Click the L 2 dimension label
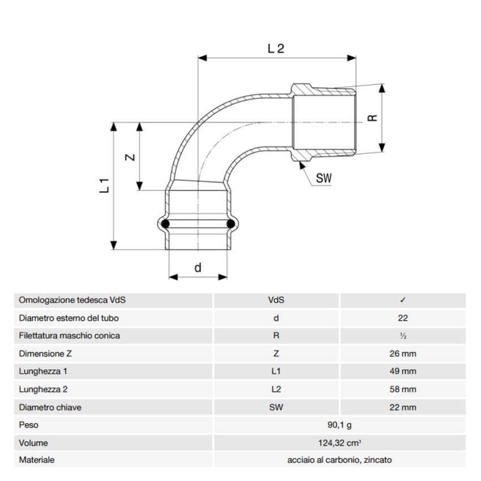point(276,49)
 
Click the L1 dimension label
point(104,186)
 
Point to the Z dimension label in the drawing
point(130,157)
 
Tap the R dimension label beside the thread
point(372,118)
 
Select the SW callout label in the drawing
point(324,178)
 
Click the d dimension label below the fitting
point(197,268)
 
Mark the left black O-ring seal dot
point(165,225)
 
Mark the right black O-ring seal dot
point(231,225)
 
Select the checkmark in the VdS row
point(402,300)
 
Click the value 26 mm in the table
point(402,354)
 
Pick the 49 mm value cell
point(402,371)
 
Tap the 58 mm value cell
point(402,389)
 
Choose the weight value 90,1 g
point(339,424)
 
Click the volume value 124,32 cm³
point(339,443)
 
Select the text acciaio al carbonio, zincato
point(339,460)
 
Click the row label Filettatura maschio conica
point(69,336)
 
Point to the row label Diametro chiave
point(50,407)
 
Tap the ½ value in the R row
point(402,336)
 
